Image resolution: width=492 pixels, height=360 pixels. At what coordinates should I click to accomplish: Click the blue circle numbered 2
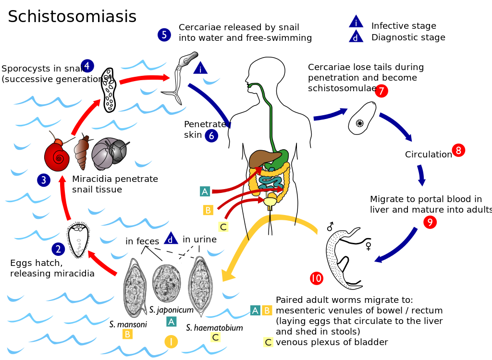pyautogui.click(x=58, y=249)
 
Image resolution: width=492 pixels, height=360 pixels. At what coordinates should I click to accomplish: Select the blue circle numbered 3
pyautogui.click(x=44, y=180)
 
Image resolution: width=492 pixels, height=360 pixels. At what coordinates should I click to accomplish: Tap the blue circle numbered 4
pyautogui.click(x=87, y=66)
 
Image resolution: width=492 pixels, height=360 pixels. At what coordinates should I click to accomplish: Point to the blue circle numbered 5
pyautogui.click(x=164, y=35)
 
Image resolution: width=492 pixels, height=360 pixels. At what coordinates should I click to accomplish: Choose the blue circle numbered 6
pyautogui.click(x=211, y=136)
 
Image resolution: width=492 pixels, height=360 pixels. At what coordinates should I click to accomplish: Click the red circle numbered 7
pyautogui.click(x=381, y=91)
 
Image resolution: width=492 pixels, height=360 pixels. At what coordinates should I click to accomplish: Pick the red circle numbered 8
pyautogui.click(x=458, y=150)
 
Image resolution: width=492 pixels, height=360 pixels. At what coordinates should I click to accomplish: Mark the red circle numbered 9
pyautogui.click(x=430, y=222)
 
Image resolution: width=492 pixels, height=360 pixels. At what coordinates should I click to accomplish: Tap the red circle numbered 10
pyautogui.click(x=316, y=278)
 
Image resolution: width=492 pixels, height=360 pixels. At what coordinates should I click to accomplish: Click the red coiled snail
pyautogui.click(x=57, y=156)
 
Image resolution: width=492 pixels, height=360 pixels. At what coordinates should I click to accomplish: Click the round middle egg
pyautogui.click(x=166, y=283)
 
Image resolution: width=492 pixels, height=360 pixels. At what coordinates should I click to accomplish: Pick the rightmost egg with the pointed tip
pyautogui.click(x=200, y=285)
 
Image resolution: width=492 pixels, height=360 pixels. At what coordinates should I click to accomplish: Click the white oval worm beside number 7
pyautogui.click(x=362, y=118)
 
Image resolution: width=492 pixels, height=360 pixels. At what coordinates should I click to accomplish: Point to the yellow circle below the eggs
pyautogui.click(x=171, y=341)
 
